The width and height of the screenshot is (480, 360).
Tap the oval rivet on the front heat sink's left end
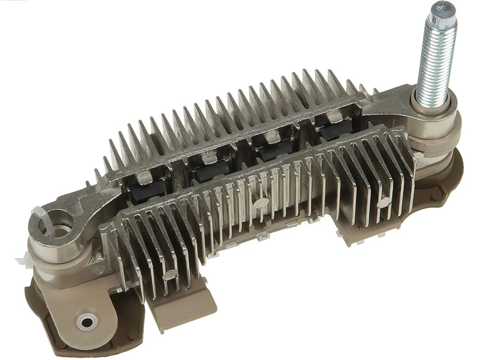(168, 276)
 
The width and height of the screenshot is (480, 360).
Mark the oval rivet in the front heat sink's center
(258, 202)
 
